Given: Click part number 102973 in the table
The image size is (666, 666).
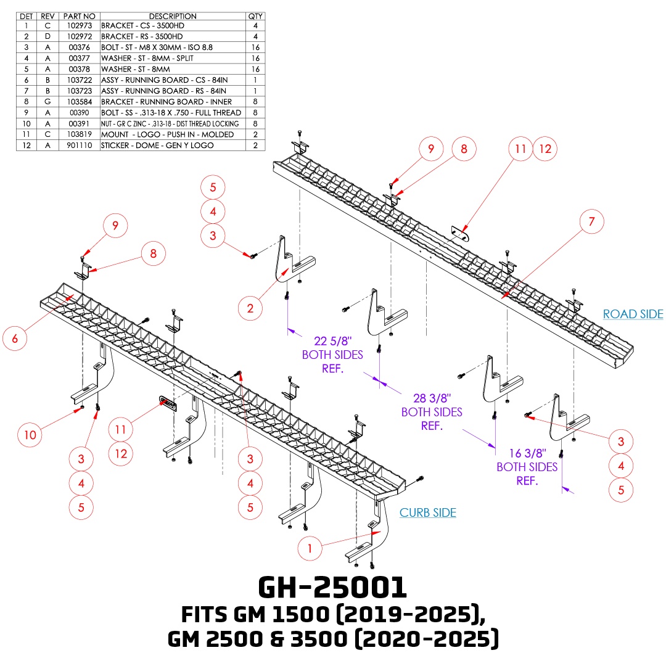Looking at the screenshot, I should point(80,26).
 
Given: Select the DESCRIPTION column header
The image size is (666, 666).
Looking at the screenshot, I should point(173,16).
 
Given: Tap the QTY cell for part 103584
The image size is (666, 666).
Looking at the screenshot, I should point(255,102).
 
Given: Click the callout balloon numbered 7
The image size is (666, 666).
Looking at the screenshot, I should point(592,222).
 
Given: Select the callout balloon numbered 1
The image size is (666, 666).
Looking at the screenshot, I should point(311,546).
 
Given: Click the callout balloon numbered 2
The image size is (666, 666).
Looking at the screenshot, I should point(250,308).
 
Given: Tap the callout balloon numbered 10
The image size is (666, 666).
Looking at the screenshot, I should point(30,435).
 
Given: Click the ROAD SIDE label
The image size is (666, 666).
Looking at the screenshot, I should point(633,314).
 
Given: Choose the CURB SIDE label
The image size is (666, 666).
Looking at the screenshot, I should point(428,512).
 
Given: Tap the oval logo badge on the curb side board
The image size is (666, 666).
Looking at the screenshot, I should point(168,403).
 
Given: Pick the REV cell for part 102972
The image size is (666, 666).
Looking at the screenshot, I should point(47,36).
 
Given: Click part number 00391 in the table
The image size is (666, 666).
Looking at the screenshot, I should point(80,123).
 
